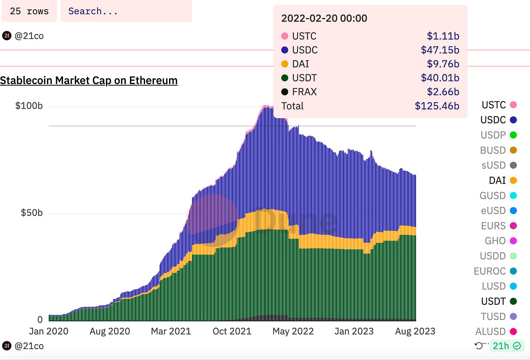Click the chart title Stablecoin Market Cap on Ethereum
89,80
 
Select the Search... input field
126,11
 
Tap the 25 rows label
29,11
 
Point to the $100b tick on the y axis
29,106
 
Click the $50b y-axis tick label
32,213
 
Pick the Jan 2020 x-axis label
49,331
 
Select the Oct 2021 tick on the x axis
232,331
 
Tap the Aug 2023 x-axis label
415,331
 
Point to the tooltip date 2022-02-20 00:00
324,18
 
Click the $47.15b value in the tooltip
440,50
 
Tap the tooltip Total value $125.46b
437,106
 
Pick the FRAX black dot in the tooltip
285,92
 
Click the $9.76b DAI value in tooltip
443,64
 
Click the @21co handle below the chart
29,346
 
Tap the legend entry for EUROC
495,271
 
